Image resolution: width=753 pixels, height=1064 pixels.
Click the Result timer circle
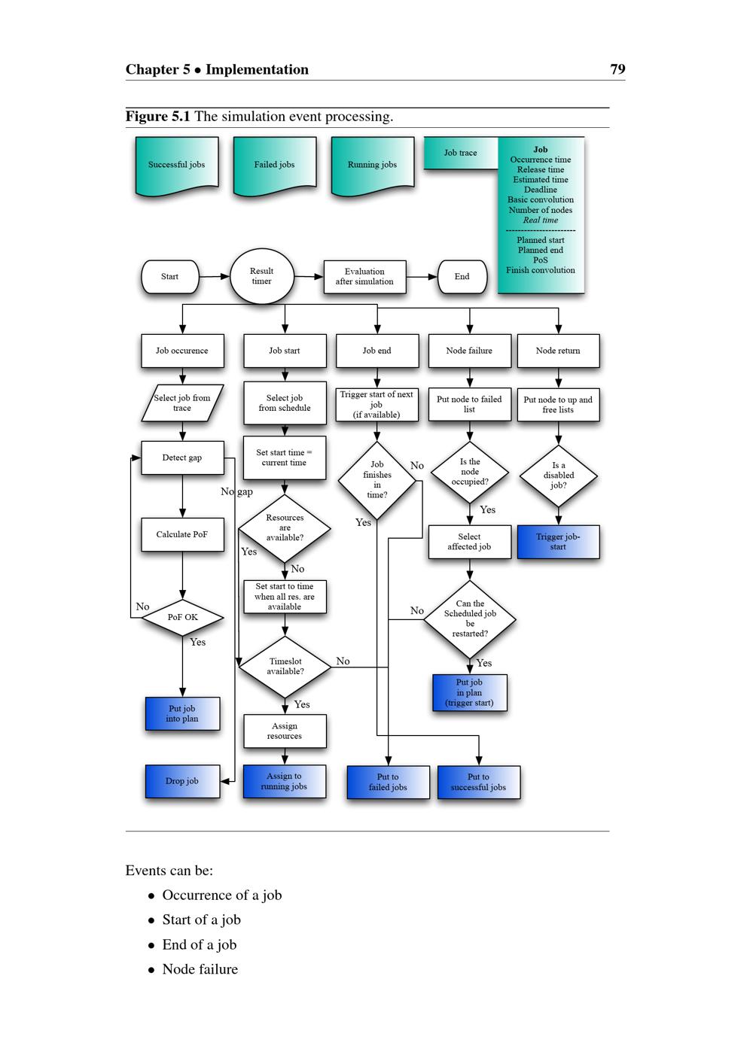(261, 277)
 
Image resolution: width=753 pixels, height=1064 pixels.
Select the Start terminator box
(170, 277)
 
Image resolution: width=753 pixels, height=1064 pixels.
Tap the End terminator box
(462, 277)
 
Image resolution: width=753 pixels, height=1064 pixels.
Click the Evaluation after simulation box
(364, 277)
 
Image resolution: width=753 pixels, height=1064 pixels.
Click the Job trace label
(460, 153)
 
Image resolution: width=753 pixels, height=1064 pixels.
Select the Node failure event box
(469, 351)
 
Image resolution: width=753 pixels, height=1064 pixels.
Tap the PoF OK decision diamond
(183, 618)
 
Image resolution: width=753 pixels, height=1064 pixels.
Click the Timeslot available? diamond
(285, 667)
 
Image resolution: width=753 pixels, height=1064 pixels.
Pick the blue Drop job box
(182, 781)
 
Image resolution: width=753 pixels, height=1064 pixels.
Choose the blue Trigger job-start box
(558, 542)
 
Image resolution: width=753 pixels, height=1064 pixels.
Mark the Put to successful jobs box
(478, 783)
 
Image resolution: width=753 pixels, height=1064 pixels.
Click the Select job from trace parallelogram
(182, 403)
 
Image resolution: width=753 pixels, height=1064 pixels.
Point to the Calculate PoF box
(182, 535)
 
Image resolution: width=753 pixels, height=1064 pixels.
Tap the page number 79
(617, 69)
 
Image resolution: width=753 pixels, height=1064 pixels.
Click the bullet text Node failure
(200, 970)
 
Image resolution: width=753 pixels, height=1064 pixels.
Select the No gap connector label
(236, 491)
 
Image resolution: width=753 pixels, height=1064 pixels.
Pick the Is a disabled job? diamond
(559, 476)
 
